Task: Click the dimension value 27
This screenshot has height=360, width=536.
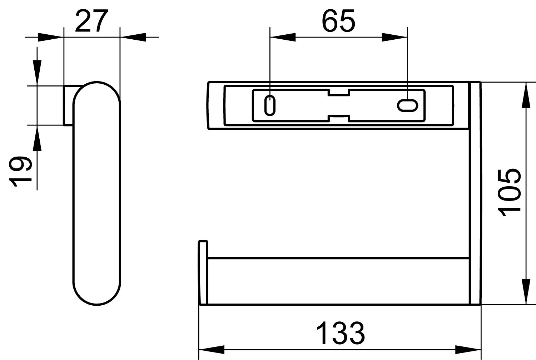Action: [x=91, y=21]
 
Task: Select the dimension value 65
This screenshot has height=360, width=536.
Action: [x=338, y=21]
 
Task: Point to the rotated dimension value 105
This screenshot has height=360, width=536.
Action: [x=509, y=193]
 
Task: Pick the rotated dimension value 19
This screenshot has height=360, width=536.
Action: [x=20, y=172]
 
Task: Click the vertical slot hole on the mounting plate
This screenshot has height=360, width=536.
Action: [x=270, y=105]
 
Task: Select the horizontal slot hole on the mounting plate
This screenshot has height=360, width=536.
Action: [x=407, y=105]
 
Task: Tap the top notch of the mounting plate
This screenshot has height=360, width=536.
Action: [x=338, y=93]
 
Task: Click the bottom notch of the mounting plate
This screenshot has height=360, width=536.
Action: [x=338, y=118]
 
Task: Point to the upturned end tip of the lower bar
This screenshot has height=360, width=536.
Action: [x=203, y=242]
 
